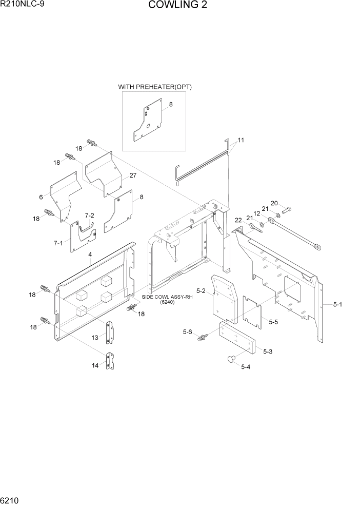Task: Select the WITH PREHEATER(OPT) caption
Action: pos(155,87)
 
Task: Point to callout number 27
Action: pos(133,175)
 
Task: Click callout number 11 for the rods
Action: pos(241,140)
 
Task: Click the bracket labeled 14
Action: pos(110,362)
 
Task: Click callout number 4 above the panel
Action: pos(90,254)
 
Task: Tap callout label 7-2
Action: pos(89,216)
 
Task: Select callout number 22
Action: pos(238,220)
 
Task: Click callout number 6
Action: pos(41,197)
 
